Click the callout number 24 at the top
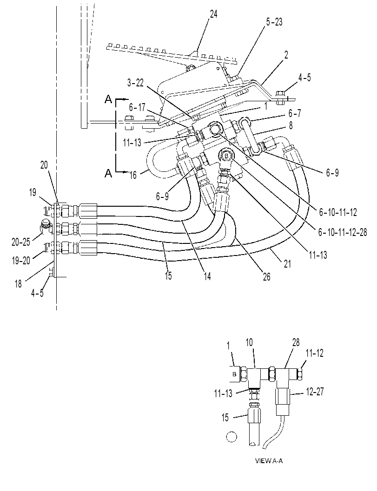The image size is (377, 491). pos(213,14)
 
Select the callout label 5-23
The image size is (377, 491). pos(274,22)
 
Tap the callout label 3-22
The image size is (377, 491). pos(135,83)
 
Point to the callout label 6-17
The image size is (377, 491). pos(137,107)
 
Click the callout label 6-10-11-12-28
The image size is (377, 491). pos(343,232)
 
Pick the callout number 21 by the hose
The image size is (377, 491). pos(287,264)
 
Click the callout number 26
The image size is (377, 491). pos(266,277)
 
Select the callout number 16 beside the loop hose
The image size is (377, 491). pos(133,175)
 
